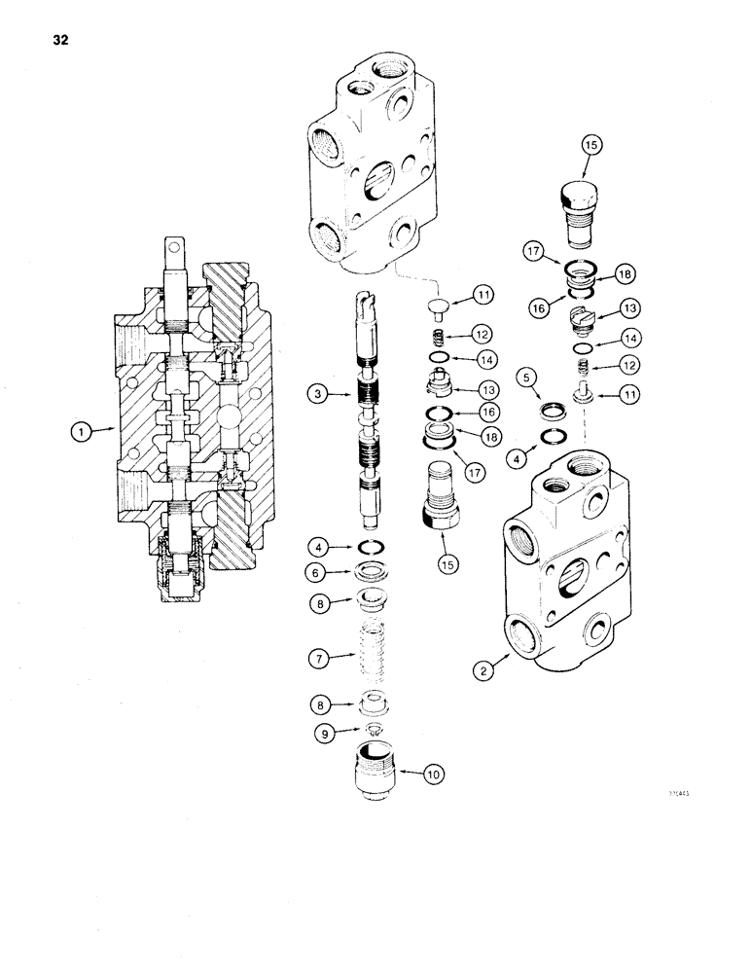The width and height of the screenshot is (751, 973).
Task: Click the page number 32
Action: click(x=48, y=41)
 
